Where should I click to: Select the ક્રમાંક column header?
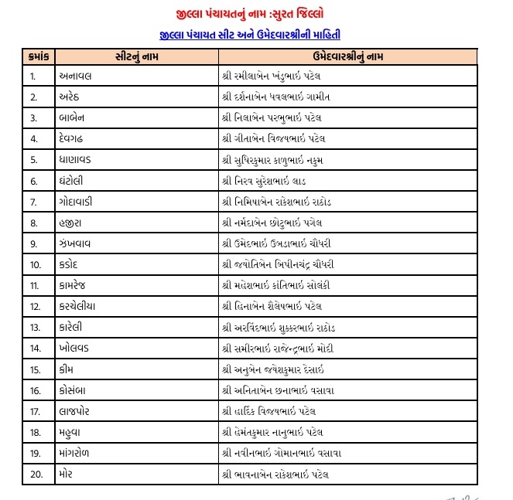(x=39, y=57)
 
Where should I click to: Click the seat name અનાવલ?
(x=76, y=77)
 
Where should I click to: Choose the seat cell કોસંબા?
(x=76, y=389)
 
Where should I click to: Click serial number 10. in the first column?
(x=35, y=264)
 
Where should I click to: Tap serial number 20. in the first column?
(x=35, y=473)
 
